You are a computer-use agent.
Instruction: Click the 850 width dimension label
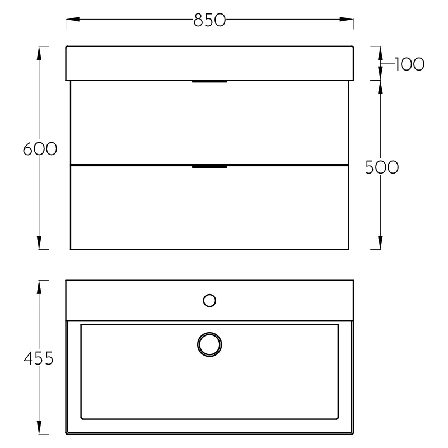[209, 20]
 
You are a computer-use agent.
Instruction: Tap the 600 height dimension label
[40, 149]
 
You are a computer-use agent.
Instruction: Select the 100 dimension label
[410, 64]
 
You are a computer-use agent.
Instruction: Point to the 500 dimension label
[382, 167]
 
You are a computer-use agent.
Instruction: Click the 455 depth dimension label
[38, 358]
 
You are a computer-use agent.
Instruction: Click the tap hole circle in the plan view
[209, 301]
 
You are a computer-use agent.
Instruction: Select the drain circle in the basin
[209, 344]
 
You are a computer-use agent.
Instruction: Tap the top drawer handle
[209, 82]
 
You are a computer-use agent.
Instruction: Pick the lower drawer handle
[209, 166]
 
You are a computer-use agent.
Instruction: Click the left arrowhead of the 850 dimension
[73, 20]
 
